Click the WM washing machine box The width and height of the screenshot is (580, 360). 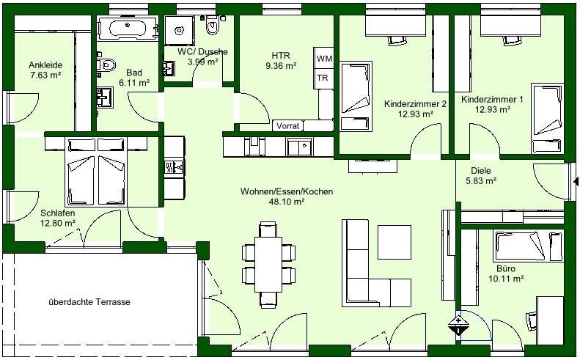[324, 58]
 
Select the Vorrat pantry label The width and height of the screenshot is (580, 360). [287, 126]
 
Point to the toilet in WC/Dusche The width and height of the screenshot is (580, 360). [213, 25]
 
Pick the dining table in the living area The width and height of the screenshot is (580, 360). [268, 265]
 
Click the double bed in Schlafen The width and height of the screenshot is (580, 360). [96, 172]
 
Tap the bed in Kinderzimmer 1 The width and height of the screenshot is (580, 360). [548, 118]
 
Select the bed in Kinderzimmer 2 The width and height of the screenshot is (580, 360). [356, 96]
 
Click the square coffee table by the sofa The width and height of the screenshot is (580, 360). [394, 243]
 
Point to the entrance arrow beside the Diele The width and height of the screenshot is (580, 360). [576, 182]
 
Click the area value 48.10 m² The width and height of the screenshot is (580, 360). [287, 202]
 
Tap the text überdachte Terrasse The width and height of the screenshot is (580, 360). [89, 302]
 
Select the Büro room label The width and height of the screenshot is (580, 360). [506, 268]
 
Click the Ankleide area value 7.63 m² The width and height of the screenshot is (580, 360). [45, 75]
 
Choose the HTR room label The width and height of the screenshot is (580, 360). [281, 56]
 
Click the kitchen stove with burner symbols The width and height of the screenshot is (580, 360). [174, 169]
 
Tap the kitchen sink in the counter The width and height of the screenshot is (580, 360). [300, 147]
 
